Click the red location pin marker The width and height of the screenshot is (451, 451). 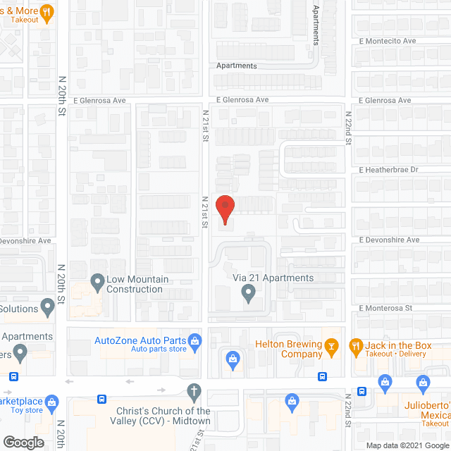point(224,209)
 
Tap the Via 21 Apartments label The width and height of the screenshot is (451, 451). point(273,278)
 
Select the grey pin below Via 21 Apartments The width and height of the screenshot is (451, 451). point(248,292)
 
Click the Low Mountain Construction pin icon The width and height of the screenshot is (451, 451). point(97,283)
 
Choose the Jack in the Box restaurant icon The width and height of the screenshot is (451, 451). point(356,345)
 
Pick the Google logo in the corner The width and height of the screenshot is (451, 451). point(23,443)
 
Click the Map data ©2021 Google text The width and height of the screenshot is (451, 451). point(407,445)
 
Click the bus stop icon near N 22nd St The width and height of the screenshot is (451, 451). point(362,391)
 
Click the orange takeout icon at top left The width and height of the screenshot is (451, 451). point(47,11)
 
